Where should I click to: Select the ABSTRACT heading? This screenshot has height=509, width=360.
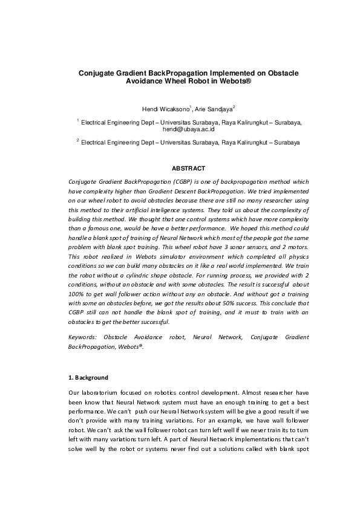pyautogui.click(x=189, y=168)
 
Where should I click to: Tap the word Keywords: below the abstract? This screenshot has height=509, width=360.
pyautogui.click(x=83, y=336)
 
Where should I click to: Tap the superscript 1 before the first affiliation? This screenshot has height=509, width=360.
pyautogui.click(x=78, y=120)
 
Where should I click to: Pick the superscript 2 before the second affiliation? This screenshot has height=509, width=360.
pyautogui.click(x=78, y=140)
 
